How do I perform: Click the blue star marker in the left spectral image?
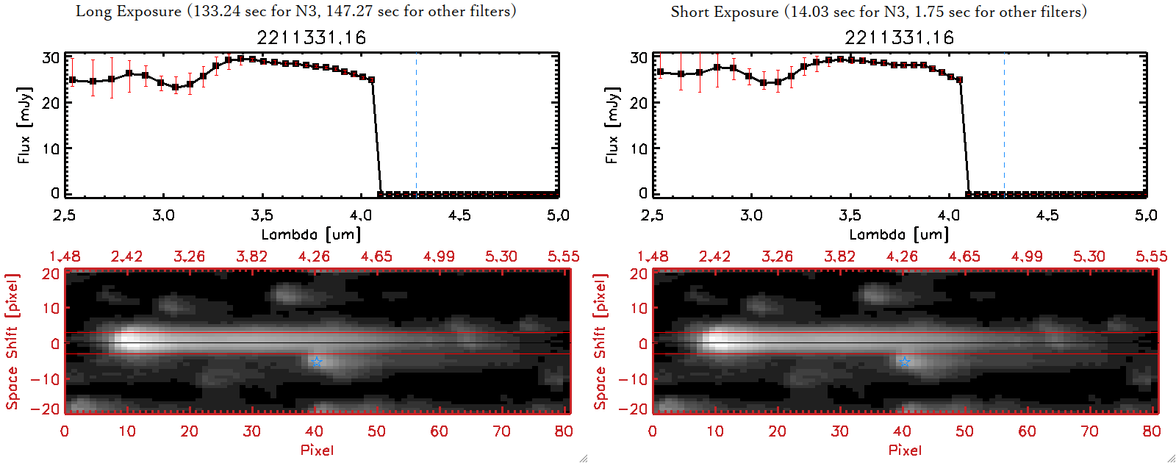(316, 361)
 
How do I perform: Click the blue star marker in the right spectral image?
(904, 361)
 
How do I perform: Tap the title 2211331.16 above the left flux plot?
(311, 37)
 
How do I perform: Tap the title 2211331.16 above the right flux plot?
(899, 37)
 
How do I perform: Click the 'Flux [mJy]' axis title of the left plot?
(24, 125)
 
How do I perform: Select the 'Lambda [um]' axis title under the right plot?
(899, 234)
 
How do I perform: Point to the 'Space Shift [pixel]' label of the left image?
(12, 342)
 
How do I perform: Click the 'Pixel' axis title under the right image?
(905, 450)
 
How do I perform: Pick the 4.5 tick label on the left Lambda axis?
(459, 215)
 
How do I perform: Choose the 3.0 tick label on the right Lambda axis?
(751, 215)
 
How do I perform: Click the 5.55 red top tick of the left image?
(563, 256)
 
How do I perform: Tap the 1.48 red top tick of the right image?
(653, 256)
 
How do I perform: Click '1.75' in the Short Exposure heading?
(929, 12)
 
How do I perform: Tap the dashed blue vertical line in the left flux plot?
(416, 125)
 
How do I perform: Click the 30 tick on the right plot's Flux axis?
(639, 58)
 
